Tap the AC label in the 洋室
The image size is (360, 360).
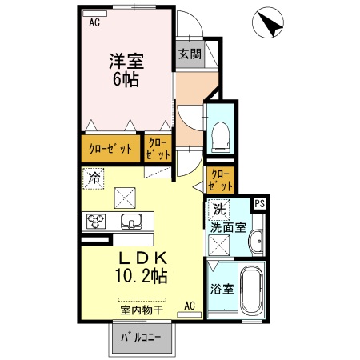95,22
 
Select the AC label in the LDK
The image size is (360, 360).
190,306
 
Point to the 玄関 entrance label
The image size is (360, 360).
190,54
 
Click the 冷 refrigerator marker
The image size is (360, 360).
94,178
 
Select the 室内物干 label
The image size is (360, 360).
142,310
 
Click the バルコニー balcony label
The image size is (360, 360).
141,338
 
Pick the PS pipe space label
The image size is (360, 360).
259,203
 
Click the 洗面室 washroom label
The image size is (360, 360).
227,227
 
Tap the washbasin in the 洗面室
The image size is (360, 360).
256,242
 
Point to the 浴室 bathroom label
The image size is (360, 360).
222,289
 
